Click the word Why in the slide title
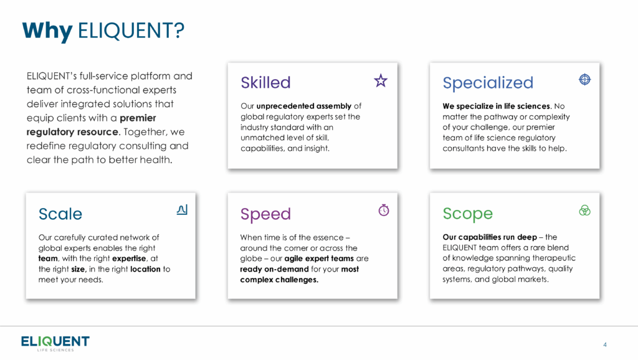(47, 31)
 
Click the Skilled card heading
(265, 83)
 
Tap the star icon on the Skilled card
(381, 80)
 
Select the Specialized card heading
(487, 83)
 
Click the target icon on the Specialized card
(584, 79)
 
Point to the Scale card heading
(60, 214)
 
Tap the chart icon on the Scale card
(182, 209)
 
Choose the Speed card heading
(265, 214)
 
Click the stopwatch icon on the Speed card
(384, 210)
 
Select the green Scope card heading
(467, 214)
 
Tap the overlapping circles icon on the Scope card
(584, 211)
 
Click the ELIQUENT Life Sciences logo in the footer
(55, 343)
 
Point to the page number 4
(605, 344)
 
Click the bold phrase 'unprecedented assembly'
(303, 106)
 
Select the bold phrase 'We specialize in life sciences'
(497, 106)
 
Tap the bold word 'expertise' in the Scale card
(129, 258)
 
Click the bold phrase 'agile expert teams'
(319, 258)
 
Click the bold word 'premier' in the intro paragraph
(138, 118)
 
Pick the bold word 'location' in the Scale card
(145, 269)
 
